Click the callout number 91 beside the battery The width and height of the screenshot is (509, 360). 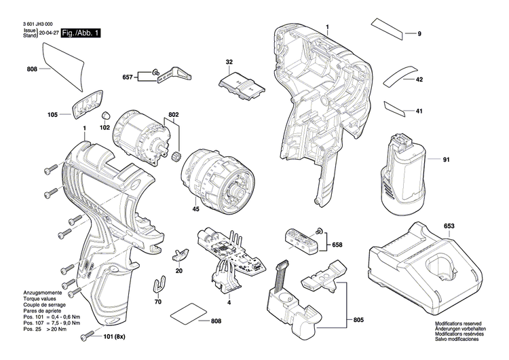[446, 160]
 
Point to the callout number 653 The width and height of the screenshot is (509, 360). [449, 225]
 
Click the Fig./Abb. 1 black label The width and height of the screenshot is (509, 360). [81, 33]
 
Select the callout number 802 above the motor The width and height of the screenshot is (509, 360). [173, 115]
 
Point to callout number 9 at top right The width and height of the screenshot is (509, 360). [419, 34]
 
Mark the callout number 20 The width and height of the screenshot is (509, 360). [179, 270]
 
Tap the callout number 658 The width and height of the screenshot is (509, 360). [337, 244]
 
